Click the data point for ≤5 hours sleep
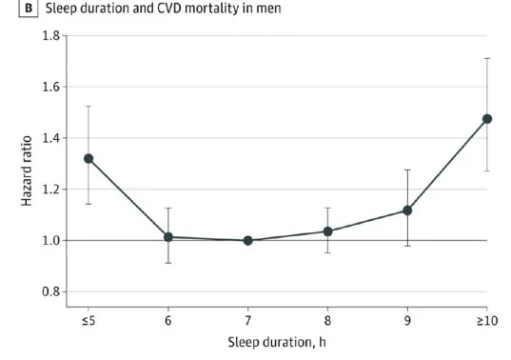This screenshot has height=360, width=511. (88, 159)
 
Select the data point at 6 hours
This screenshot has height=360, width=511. (168, 237)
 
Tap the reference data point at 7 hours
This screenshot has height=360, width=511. (247, 241)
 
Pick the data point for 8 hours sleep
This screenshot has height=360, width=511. (327, 231)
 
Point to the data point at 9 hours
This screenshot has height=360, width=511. (407, 210)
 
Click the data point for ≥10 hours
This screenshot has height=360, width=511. (487, 119)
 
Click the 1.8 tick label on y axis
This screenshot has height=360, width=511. (51, 35)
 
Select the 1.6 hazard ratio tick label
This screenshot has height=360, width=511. (51, 87)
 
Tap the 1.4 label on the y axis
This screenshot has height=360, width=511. (51, 138)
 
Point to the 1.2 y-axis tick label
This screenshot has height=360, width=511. (51, 190)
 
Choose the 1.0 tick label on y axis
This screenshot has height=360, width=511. (51, 241)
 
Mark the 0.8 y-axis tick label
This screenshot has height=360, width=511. (51, 291)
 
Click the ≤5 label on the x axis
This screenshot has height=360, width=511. (88, 321)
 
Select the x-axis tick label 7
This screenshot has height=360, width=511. (247, 321)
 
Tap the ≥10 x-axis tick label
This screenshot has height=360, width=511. (487, 321)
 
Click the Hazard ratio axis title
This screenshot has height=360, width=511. (27, 170)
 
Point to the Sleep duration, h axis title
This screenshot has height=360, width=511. (277, 343)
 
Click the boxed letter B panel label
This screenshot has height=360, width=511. (29, 8)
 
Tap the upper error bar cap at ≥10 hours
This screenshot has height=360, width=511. (487, 58)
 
